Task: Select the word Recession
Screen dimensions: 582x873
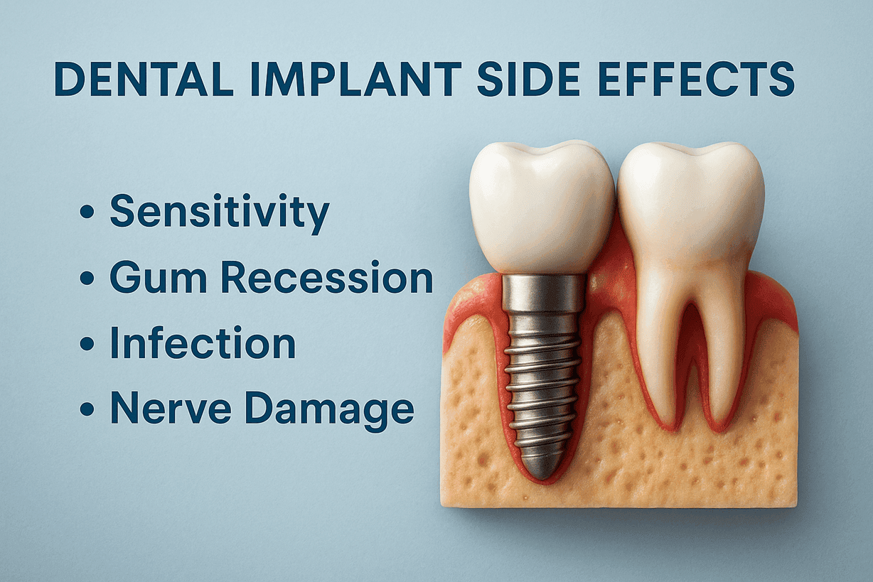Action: [326, 277]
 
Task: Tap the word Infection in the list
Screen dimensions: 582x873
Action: [202, 343]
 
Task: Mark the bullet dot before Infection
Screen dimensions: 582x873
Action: [87, 345]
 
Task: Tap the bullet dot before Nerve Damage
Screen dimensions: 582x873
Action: [87, 410]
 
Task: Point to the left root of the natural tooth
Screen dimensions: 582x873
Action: [657, 370]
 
